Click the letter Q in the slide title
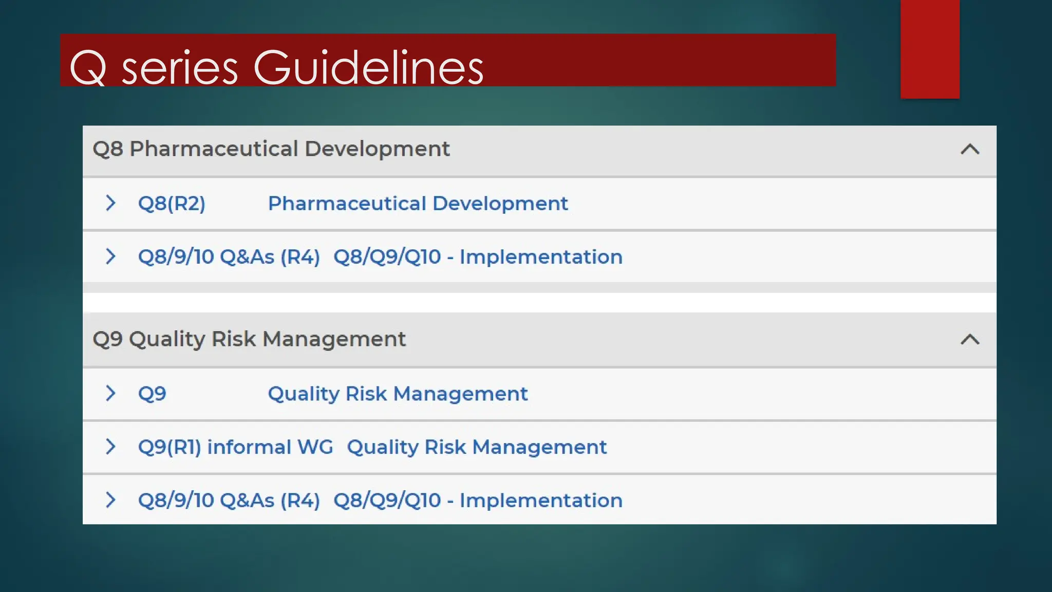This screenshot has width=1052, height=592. click(88, 68)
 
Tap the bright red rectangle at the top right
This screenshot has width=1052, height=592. click(930, 49)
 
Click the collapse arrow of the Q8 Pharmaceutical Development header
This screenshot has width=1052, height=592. click(970, 150)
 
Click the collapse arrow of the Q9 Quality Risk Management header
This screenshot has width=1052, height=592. click(970, 340)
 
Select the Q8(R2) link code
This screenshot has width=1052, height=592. click(172, 203)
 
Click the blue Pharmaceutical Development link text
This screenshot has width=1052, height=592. click(418, 203)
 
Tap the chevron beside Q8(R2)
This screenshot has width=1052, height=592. click(110, 203)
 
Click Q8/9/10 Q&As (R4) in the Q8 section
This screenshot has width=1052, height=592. click(229, 256)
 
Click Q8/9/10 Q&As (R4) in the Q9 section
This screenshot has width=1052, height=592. click(229, 500)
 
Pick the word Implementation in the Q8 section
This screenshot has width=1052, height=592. click(541, 256)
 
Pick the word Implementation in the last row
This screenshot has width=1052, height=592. click(541, 500)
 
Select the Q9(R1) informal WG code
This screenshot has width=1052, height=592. click(235, 447)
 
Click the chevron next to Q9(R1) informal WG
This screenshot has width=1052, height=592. click(110, 447)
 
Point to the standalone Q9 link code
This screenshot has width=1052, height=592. click(152, 394)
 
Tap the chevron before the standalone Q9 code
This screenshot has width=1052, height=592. click(110, 393)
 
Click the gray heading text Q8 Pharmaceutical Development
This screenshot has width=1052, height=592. click(271, 149)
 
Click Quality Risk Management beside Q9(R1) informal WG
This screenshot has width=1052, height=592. click(477, 447)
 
